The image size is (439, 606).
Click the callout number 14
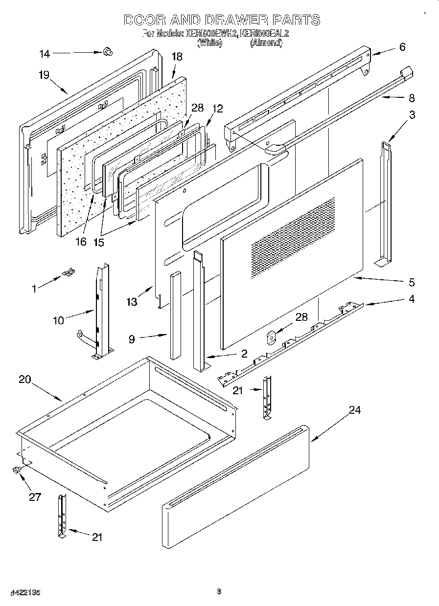coord(44,54)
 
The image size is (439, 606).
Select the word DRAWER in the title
coord(234,20)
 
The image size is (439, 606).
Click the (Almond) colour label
coord(266,43)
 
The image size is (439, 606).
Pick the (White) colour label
coord(209,43)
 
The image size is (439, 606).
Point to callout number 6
coord(402,47)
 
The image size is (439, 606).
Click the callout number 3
coord(413,115)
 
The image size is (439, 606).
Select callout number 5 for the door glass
coord(412,282)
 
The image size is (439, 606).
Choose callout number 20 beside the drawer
coord(25,380)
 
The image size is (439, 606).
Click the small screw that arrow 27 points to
coord(16,470)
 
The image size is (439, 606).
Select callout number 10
coord(59,321)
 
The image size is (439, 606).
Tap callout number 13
coord(132,303)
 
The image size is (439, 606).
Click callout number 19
coord(44,75)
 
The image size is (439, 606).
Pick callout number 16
coord(81,241)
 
